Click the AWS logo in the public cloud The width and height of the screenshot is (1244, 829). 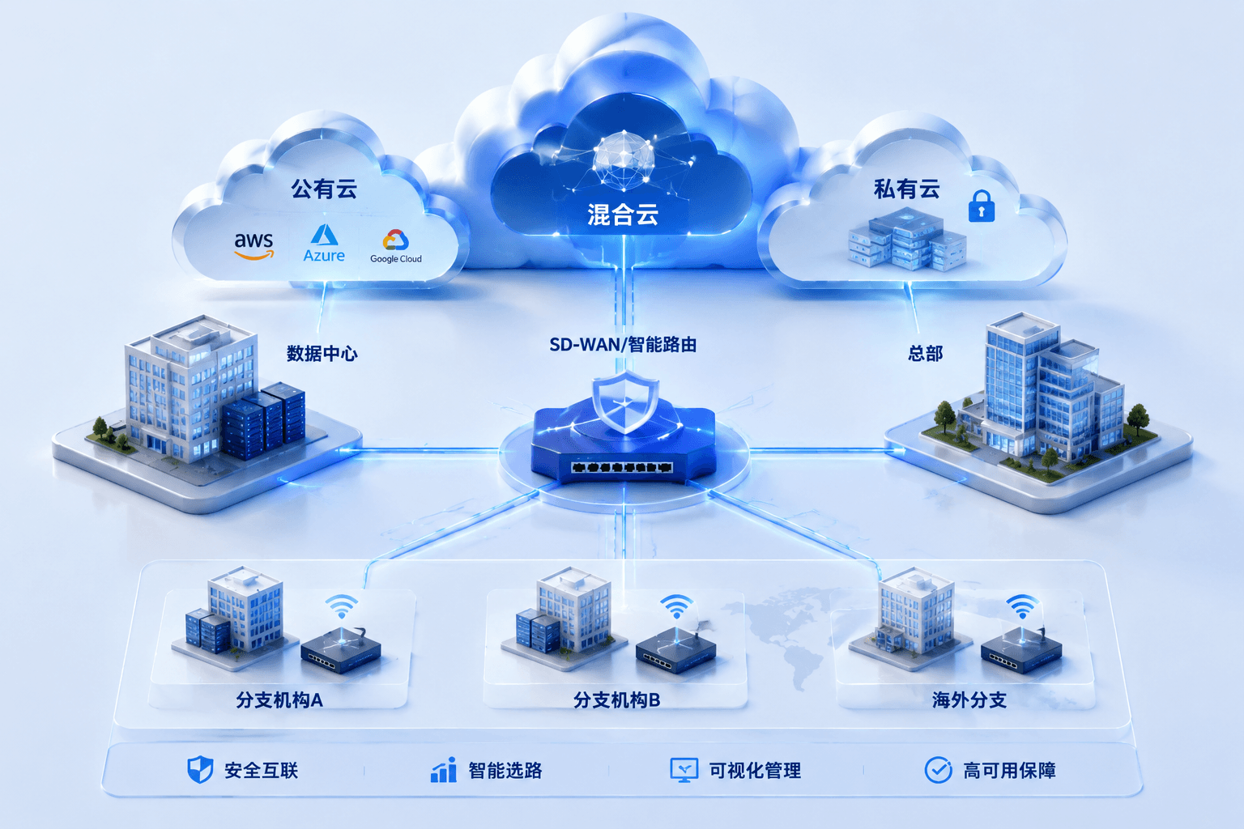tap(253, 245)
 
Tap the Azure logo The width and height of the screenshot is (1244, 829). tap(324, 243)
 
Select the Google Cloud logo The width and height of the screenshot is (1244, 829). tap(396, 246)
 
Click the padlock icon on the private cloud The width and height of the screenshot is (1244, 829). tap(982, 206)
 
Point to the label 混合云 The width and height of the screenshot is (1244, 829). tap(623, 215)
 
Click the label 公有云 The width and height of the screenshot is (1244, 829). tap(324, 189)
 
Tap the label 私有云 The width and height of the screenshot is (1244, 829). tap(907, 189)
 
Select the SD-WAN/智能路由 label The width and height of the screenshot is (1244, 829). tap(623, 345)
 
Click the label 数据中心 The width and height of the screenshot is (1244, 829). tap(322, 353)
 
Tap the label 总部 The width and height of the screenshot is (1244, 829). tap(925, 353)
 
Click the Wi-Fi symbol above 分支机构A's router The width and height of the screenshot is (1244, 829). tap(342, 606)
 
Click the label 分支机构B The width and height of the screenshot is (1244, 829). tap(616, 700)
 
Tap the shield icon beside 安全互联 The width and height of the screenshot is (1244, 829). tap(200, 770)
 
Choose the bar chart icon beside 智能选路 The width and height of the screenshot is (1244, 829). tap(444, 770)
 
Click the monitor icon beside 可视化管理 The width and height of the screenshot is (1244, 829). tap(684, 770)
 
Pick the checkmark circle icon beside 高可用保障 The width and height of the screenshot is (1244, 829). tap(939, 770)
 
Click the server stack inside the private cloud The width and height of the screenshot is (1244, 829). tap(907, 240)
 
